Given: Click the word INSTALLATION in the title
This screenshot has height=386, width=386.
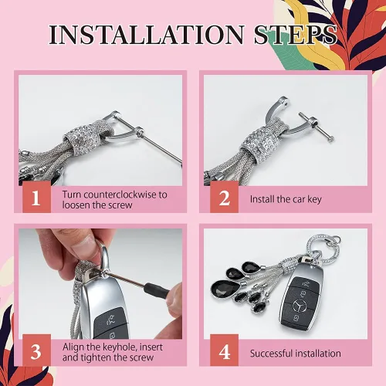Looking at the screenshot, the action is (147, 35).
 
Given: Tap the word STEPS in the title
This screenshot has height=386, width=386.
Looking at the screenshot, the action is (295, 35).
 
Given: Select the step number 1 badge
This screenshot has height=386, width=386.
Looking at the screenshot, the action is (36, 197).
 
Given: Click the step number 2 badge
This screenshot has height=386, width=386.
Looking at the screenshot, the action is (224, 197).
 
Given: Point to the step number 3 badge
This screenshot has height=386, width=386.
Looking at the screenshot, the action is (36, 350).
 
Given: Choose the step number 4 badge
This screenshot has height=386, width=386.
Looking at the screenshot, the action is (224, 350).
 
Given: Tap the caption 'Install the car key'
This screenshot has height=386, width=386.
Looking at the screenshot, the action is (286, 199).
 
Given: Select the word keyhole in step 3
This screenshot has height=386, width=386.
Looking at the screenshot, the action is (120, 347).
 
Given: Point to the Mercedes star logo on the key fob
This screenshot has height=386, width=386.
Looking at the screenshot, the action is (300, 306).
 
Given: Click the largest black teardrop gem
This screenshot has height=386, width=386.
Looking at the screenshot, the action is (225, 289).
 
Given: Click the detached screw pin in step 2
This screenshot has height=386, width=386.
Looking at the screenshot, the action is (317, 127).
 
